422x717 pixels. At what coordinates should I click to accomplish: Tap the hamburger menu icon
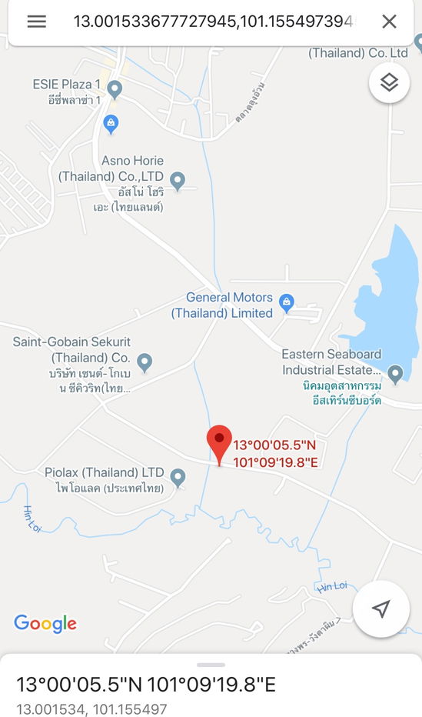(36, 21)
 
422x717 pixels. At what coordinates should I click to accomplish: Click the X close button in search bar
(390, 21)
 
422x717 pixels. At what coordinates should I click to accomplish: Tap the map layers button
(389, 82)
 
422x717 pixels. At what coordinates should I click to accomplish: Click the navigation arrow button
(380, 609)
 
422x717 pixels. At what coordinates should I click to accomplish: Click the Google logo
(45, 623)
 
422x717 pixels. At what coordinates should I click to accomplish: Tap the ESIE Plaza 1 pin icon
(115, 89)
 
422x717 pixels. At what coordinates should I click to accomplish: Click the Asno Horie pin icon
(178, 182)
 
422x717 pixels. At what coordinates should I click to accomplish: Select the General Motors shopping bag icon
(287, 301)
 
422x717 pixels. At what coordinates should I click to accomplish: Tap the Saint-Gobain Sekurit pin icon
(145, 362)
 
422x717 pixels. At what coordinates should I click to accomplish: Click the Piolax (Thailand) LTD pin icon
(178, 477)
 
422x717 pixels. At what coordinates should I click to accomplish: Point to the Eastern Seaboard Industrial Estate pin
(395, 374)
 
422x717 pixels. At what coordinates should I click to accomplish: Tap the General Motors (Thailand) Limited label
(222, 305)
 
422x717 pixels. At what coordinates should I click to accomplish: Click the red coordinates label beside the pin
(275, 453)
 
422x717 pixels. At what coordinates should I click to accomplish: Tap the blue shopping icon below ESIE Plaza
(111, 122)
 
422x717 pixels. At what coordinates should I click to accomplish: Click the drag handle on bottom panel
(211, 664)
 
